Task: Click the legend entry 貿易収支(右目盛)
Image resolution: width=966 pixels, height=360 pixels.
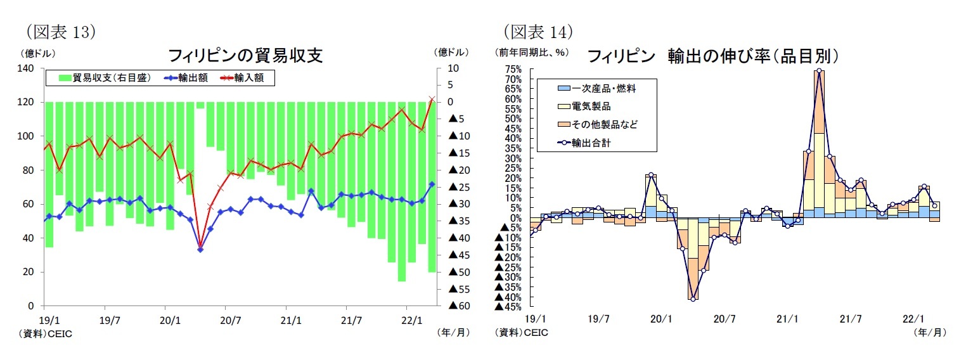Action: pyautogui.click(x=105, y=78)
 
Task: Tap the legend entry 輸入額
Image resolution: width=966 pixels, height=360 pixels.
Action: pyautogui.click(x=244, y=78)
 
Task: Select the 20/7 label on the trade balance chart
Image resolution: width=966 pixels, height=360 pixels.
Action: pyautogui.click(x=230, y=320)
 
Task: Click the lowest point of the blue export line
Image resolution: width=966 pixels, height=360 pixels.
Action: pyautogui.click(x=200, y=250)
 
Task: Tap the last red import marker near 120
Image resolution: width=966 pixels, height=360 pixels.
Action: pyautogui.click(x=432, y=100)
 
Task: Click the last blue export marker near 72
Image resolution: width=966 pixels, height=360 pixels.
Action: pyautogui.click(x=432, y=184)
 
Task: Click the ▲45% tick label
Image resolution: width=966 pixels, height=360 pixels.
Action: pyautogui.click(x=510, y=307)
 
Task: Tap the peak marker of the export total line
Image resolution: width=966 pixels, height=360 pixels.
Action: pyautogui.click(x=819, y=71)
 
